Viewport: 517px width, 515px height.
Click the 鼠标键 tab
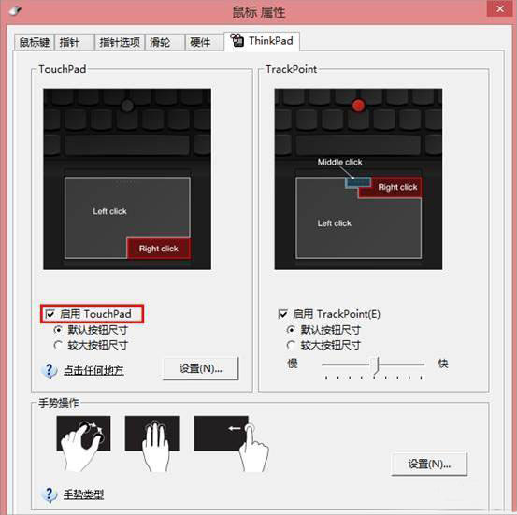[36, 42]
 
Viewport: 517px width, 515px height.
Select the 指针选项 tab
[121, 42]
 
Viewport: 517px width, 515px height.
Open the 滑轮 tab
[160, 42]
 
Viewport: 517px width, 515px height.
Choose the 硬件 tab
[200, 42]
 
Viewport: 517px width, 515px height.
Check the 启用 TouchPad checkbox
[50, 314]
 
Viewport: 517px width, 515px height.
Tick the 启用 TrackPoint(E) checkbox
[283, 314]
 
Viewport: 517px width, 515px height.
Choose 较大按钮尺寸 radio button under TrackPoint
[291, 344]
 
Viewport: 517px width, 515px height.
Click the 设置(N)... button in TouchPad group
[200, 369]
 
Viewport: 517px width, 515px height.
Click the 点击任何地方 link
[93, 371]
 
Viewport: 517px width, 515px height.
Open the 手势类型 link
[83, 494]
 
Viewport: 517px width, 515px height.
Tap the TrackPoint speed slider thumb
[377, 365]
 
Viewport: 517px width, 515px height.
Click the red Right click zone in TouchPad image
[158, 249]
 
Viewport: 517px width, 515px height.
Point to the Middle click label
[339, 162]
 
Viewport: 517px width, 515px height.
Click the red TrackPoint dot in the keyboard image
[358, 106]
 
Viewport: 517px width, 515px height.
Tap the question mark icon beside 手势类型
[50, 494]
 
